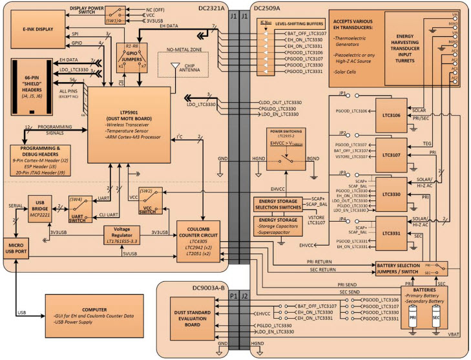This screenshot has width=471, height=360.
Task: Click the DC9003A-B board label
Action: pos(185,272)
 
